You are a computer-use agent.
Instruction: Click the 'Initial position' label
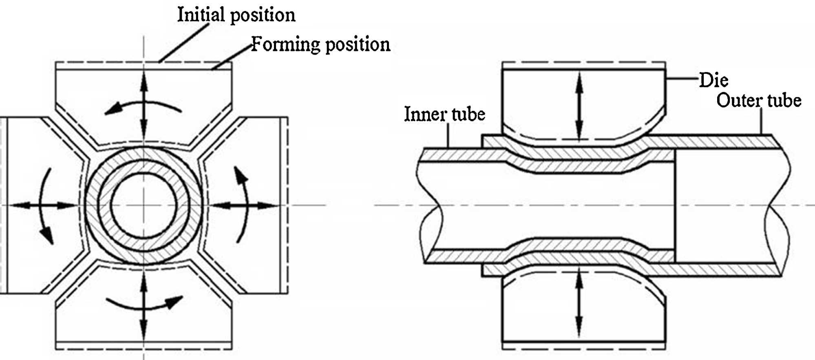[x=236, y=15]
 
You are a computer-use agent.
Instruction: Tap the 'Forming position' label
[x=320, y=44]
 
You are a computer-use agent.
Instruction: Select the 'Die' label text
[x=713, y=80]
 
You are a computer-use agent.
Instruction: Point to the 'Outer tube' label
[x=759, y=100]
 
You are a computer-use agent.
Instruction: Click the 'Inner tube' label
[x=445, y=114]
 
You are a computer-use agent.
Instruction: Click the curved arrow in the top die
[x=143, y=107]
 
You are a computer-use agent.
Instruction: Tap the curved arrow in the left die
[x=46, y=206]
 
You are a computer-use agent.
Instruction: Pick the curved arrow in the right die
[x=241, y=204]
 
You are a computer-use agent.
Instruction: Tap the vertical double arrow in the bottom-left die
[x=144, y=304]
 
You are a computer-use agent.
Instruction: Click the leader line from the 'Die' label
[x=682, y=79]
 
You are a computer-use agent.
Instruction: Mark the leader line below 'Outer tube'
[x=761, y=121]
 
